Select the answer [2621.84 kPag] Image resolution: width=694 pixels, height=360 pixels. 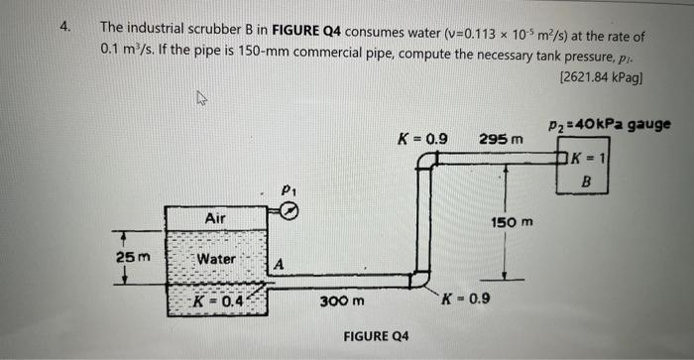tap(601, 76)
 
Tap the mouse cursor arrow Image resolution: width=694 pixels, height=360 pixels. tap(202, 97)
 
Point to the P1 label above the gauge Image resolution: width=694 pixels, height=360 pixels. tap(289, 188)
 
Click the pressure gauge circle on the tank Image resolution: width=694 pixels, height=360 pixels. tap(289, 209)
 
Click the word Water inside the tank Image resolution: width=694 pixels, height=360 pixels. tap(215, 259)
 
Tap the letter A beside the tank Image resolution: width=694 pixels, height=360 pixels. tap(281, 264)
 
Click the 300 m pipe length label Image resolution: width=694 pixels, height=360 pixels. tap(343, 300)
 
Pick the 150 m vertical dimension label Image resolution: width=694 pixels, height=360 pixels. tap(512, 223)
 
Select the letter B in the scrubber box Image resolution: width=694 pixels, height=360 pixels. tap(586, 181)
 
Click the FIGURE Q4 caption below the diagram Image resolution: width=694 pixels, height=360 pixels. tap(376, 336)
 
